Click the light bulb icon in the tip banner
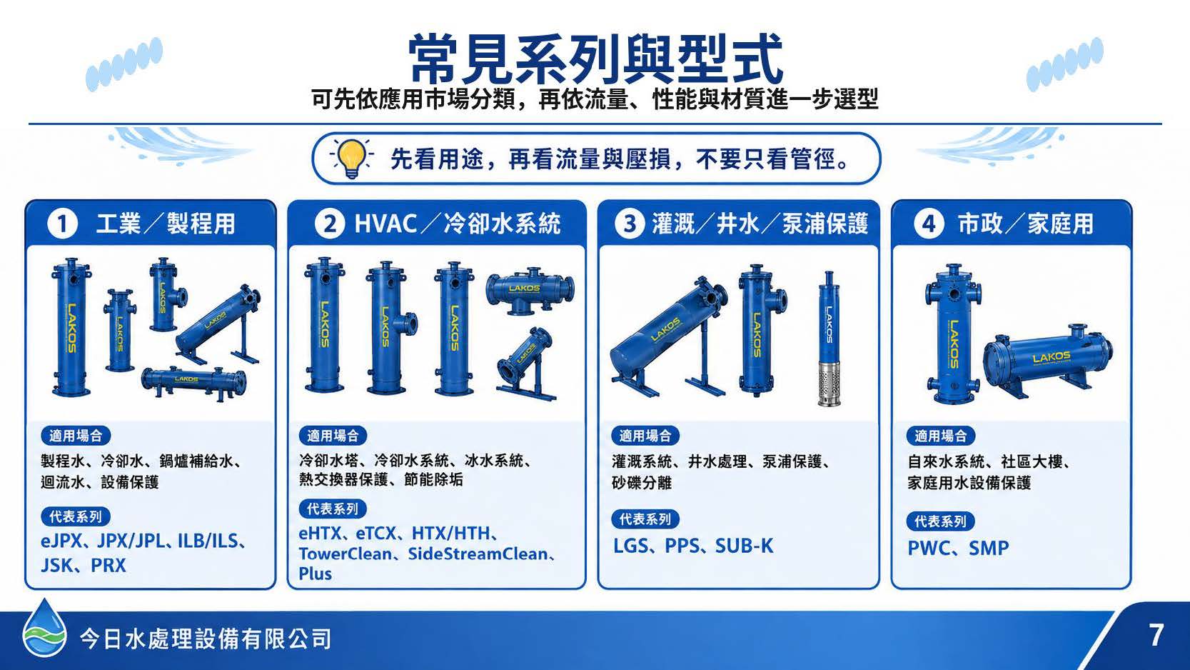click(x=352, y=158)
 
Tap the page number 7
click(x=1156, y=635)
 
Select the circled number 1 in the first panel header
click(x=63, y=224)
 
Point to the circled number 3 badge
click(x=630, y=224)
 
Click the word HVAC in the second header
click(x=385, y=224)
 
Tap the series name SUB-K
click(x=745, y=546)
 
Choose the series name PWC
click(x=929, y=549)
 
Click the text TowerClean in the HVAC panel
click(x=346, y=554)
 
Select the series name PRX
click(x=109, y=565)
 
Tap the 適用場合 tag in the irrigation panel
click(x=645, y=436)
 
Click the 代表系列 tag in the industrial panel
click(x=76, y=516)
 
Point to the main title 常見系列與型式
click(x=595, y=58)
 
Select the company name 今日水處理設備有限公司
click(x=206, y=639)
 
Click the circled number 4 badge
click(x=929, y=224)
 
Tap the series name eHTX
click(x=320, y=534)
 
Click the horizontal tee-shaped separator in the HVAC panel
click(x=530, y=290)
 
